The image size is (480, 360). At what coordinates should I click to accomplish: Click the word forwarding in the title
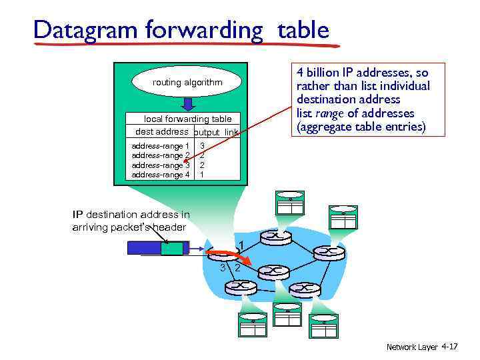coord(197,30)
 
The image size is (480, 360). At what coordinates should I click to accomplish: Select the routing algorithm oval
coord(187,83)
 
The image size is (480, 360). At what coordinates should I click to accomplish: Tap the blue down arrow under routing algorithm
coord(188,104)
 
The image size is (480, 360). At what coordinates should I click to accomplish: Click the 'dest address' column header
coord(161,131)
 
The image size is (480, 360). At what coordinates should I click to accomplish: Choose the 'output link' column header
coord(216,133)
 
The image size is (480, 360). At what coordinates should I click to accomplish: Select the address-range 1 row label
coord(161,146)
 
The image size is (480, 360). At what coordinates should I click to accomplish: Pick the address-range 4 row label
coord(161,175)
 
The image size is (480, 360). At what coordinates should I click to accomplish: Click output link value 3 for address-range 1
coord(202,145)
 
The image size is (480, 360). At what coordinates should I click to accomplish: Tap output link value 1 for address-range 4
coord(202,175)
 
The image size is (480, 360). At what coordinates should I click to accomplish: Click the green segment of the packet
coord(175,247)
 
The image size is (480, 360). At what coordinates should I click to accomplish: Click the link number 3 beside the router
coord(222,267)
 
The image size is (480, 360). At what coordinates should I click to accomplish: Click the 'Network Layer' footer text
coord(411,347)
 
